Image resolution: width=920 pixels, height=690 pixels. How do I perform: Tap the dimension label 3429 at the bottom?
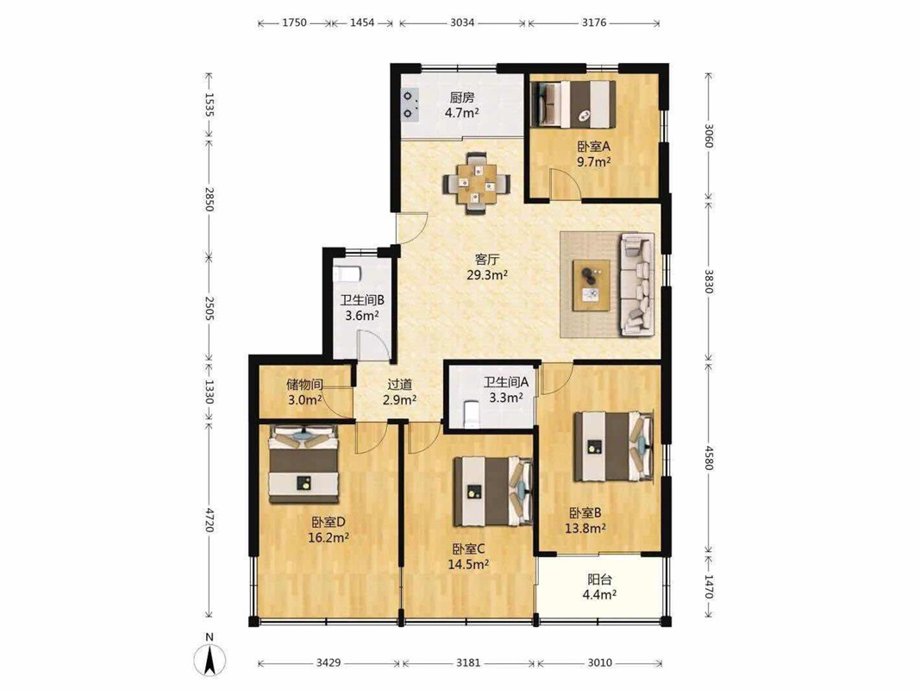tap(329, 663)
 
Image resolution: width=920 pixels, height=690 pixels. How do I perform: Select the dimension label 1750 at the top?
tap(295, 23)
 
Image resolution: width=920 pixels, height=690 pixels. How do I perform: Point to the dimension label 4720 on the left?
tap(210, 520)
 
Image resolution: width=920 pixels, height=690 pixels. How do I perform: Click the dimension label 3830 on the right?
tap(709, 282)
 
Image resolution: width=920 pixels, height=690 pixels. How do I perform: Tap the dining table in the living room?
tap(477, 183)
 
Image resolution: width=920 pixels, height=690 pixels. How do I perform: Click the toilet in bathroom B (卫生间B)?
tap(346, 275)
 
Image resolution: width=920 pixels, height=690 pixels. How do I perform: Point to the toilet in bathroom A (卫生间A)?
tap(471, 412)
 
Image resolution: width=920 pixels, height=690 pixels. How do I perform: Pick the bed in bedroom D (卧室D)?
tap(304, 464)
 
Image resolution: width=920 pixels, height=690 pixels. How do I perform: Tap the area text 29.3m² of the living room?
tap(487, 274)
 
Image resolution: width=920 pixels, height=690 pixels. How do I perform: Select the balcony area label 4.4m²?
tap(599, 595)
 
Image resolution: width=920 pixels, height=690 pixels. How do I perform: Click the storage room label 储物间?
tap(304, 385)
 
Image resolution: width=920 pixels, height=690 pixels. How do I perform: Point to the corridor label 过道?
tap(399, 385)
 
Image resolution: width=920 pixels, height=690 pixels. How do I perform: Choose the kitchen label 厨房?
tap(462, 97)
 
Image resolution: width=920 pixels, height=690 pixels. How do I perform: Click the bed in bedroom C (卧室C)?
tap(493, 492)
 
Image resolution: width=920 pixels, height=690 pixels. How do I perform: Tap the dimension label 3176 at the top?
tap(594, 23)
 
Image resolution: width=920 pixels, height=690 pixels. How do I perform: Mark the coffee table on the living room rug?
tap(591, 285)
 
